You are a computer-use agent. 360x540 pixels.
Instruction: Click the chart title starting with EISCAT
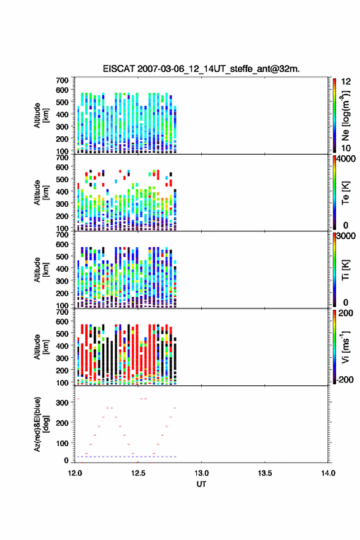pyautogui.click(x=201, y=69)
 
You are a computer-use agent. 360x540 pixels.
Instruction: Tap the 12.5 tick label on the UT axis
pyautogui.click(x=138, y=473)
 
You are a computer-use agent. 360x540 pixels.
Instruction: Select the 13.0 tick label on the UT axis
pyautogui.click(x=201, y=473)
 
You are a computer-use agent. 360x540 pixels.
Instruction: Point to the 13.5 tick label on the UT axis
pyautogui.click(x=265, y=473)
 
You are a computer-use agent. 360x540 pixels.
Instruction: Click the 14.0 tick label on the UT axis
pyautogui.click(x=328, y=473)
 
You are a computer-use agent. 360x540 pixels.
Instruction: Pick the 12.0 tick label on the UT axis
pyautogui.click(x=75, y=473)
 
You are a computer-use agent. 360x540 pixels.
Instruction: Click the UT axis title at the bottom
pyautogui.click(x=201, y=484)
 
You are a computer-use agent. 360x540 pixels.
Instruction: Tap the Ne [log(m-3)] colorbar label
pyautogui.click(x=345, y=116)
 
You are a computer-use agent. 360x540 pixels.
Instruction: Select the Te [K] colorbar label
pyautogui.click(x=345, y=193)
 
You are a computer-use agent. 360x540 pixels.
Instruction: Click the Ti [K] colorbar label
pyautogui.click(x=345, y=270)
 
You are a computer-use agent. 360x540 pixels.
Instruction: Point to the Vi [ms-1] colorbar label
pyautogui.click(x=345, y=347)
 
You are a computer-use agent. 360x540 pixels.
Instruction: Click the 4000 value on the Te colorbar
pyautogui.click(x=345, y=159)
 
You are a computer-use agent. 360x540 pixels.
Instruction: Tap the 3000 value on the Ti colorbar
pyautogui.click(x=345, y=236)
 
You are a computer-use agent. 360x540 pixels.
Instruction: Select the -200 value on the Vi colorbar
pyautogui.click(x=344, y=379)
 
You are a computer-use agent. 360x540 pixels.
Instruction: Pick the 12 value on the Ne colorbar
pyautogui.click(x=346, y=82)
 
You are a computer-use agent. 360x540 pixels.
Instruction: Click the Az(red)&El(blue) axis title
pyautogui.click(x=41, y=424)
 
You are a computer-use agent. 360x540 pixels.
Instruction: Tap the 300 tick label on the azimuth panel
pyautogui.click(x=63, y=403)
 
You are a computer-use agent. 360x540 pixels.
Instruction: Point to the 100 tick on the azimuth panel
pyautogui.click(x=63, y=443)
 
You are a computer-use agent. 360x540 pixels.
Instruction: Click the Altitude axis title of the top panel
pyautogui.click(x=41, y=115)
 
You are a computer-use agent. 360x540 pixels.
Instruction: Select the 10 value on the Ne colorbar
pyautogui.click(x=346, y=148)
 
